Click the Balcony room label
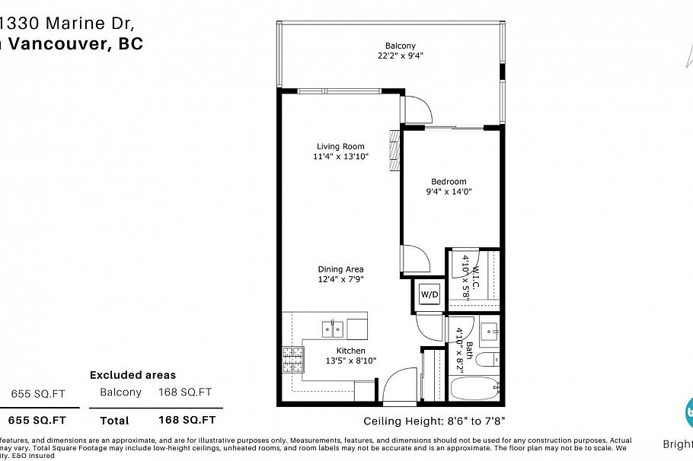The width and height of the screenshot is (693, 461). (x=401, y=46)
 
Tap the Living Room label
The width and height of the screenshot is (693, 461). (x=340, y=146)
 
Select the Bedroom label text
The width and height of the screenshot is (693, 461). (x=449, y=181)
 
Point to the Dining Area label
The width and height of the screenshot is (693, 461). (x=340, y=269)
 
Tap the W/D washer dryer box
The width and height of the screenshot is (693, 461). (x=430, y=294)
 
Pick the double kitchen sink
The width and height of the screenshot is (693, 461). (x=332, y=329)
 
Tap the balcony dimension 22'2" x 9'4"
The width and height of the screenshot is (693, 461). (x=401, y=56)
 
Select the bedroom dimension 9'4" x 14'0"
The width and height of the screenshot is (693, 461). (x=449, y=192)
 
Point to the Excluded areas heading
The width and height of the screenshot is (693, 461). (x=133, y=374)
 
